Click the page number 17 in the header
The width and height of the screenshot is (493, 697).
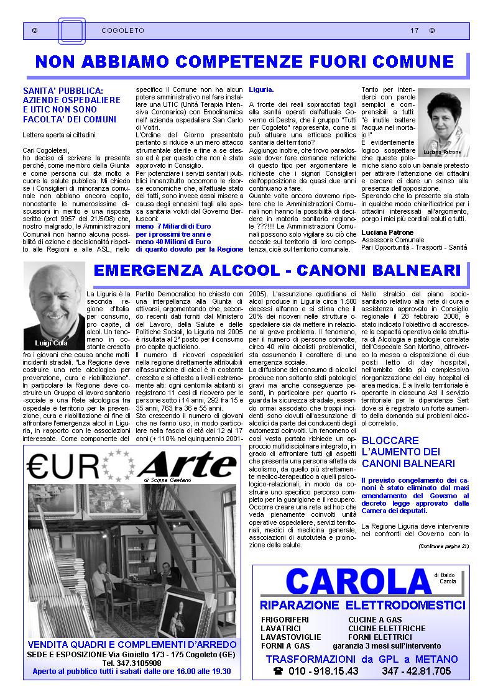pyautogui.click(x=414, y=30)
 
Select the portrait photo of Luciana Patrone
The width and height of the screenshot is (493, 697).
pyautogui.click(x=443, y=122)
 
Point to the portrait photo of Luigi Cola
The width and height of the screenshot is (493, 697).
pyautogui.click(x=54, y=306)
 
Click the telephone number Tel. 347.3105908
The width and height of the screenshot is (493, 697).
pyautogui.click(x=132, y=663)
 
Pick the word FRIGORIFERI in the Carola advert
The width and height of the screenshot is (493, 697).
pyautogui.click(x=285, y=620)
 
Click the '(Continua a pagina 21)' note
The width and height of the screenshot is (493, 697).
pyautogui.click(x=443, y=546)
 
